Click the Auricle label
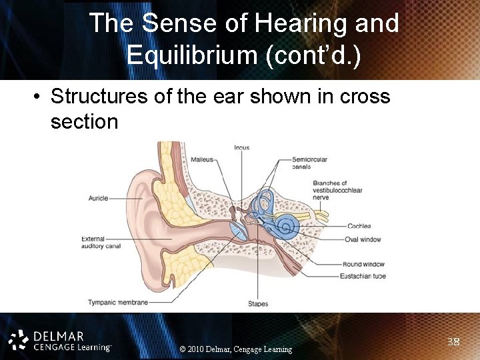pyautogui.click(x=98, y=198)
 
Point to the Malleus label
pyautogui.click(x=202, y=159)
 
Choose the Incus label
pyautogui.click(x=241, y=147)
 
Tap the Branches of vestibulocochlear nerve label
pyautogui.click(x=337, y=190)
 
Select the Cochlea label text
pyautogui.click(x=359, y=226)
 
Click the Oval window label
pyautogui.click(x=363, y=239)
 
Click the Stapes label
pyautogui.click(x=258, y=304)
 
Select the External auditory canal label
pyautogui.click(x=101, y=243)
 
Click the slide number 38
pyautogui.click(x=453, y=342)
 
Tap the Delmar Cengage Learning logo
pyautogui.click(x=60, y=340)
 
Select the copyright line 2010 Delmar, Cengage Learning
pyautogui.click(x=236, y=349)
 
